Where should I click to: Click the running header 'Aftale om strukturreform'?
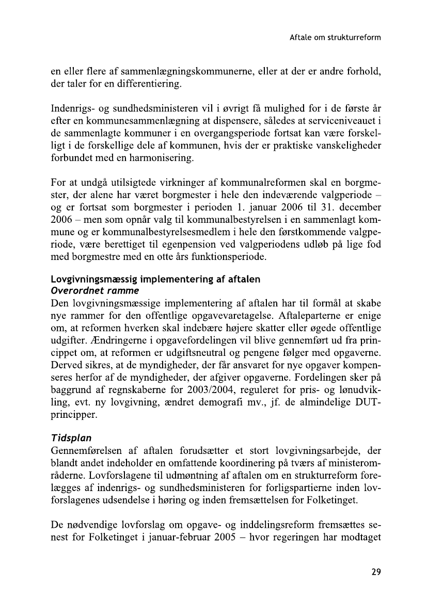point(335,38)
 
